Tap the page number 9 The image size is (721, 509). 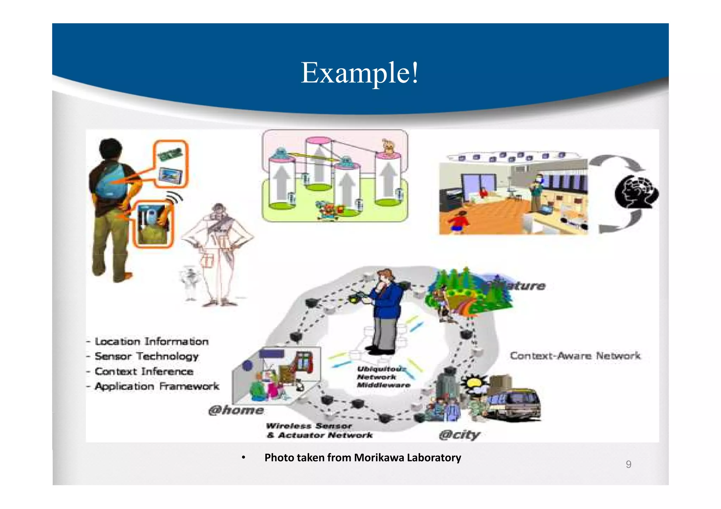tap(628, 464)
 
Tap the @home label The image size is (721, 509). tap(236, 410)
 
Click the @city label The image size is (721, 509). tap(459, 435)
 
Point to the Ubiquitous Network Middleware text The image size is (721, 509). tap(382, 377)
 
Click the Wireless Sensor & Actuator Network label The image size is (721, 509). tap(319, 431)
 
